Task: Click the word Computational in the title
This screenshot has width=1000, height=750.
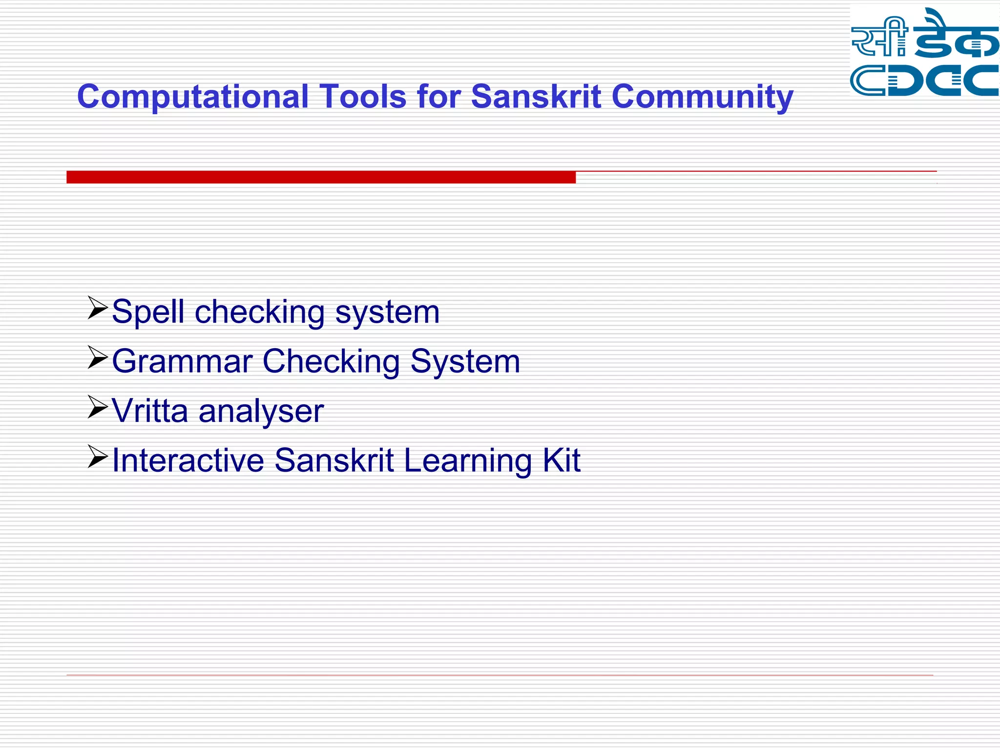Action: coord(193,97)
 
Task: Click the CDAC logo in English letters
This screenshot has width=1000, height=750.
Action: coord(924,80)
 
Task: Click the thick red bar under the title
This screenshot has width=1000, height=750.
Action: coord(321,177)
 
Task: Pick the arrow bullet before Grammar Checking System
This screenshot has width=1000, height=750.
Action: coord(97,357)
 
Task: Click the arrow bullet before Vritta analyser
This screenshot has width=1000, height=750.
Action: coord(97,407)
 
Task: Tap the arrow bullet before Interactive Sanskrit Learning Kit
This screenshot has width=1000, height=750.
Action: coord(97,456)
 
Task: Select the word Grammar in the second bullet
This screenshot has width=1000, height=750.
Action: coord(182,361)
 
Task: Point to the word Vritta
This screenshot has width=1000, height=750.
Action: coord(150,411)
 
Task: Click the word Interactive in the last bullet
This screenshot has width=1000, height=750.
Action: coord(188,460)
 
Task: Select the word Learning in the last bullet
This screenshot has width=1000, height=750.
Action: coord(467,461)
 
